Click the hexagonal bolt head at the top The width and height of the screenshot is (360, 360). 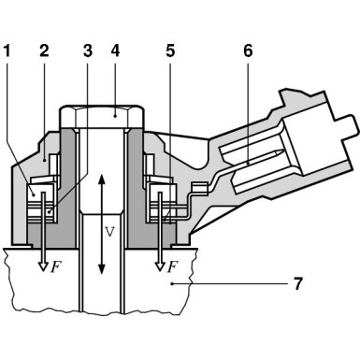click(x=102, y=119)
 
